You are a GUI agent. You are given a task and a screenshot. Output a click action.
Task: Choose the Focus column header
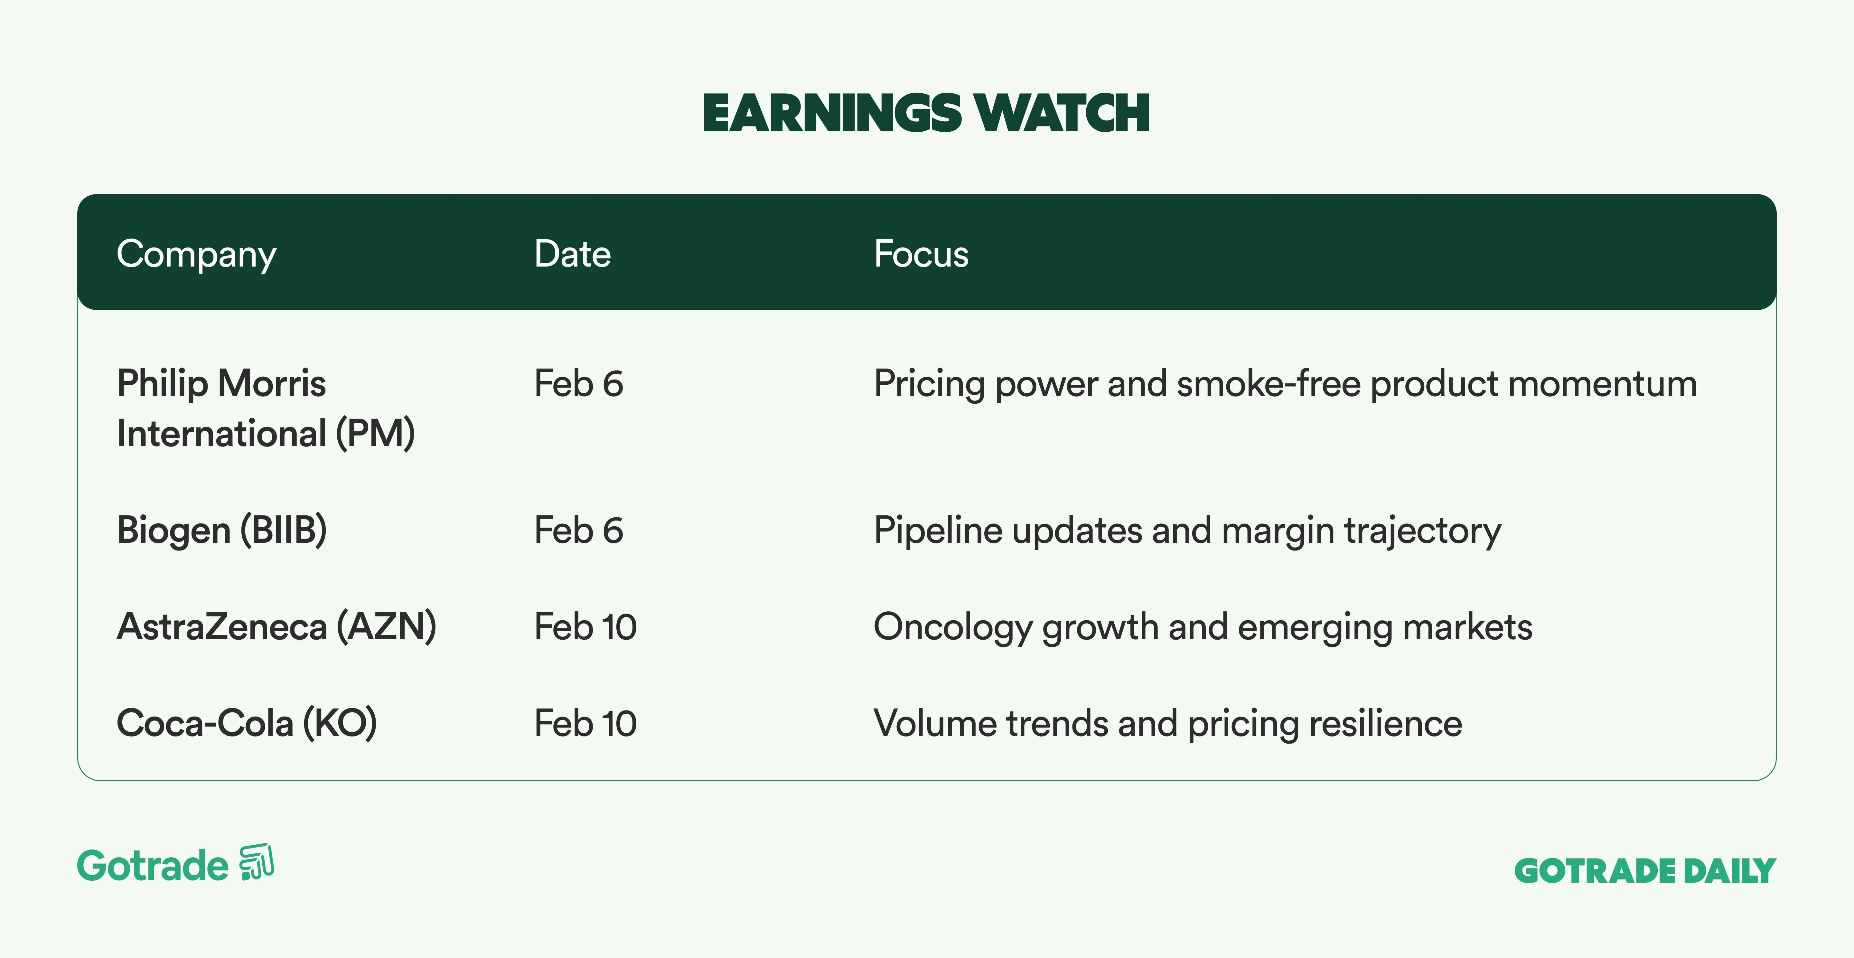coord(921,254)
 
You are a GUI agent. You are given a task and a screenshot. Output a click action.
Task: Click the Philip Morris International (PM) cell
coord(266,408)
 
